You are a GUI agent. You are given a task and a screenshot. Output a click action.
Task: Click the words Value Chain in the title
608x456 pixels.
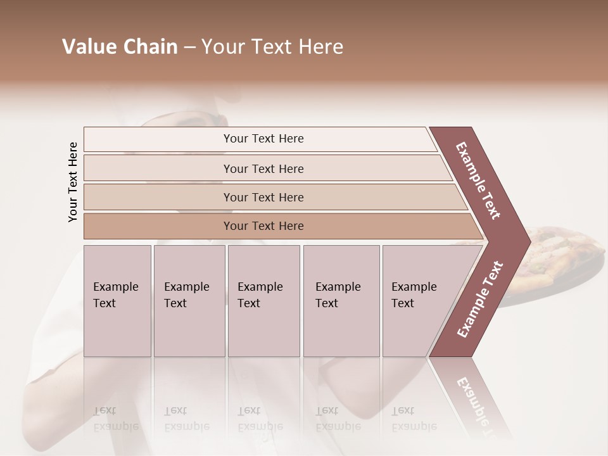tap(120, 47)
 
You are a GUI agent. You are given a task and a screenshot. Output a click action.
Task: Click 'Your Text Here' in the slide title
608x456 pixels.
tap(272, 47)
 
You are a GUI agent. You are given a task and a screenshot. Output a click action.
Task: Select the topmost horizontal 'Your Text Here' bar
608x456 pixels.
tap(263, 139)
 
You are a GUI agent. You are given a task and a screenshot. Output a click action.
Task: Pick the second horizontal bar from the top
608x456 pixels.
tap(263, 168)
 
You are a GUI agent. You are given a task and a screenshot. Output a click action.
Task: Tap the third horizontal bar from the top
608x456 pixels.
tap(263, 197)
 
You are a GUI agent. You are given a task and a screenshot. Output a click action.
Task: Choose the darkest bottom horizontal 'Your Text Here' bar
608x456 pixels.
tap(263, 226)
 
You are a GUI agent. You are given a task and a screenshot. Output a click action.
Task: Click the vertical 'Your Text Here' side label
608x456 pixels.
tap(73, 182)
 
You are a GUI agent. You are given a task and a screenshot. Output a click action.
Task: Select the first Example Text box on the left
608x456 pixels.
tap(117, 301)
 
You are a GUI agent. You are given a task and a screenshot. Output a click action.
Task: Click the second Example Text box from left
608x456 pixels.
tap(189, 301)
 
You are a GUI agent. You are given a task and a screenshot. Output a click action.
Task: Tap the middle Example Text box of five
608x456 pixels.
tap(263, 301)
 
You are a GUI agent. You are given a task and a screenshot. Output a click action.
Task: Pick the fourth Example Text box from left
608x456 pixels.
tap(341, 301)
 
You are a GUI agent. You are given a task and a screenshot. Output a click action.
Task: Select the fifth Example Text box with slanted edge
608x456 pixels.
tap(418, 301)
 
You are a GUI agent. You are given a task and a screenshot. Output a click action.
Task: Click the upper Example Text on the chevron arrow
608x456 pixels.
tap(478, 180)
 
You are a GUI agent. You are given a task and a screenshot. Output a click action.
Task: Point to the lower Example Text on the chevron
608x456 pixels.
tap(480, 299)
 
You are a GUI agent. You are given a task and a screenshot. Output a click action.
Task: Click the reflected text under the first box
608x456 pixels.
tap(115, 419)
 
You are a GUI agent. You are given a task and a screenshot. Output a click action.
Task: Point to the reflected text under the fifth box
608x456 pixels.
tap(414, 419)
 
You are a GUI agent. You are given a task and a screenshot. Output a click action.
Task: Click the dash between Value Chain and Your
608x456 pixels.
tap(189, 47)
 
